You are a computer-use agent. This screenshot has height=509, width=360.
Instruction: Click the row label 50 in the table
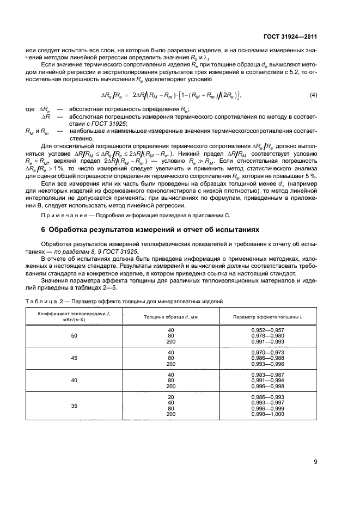click(x=74, y=336)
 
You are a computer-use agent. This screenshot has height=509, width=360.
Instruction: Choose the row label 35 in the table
click(x=74, y=405)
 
